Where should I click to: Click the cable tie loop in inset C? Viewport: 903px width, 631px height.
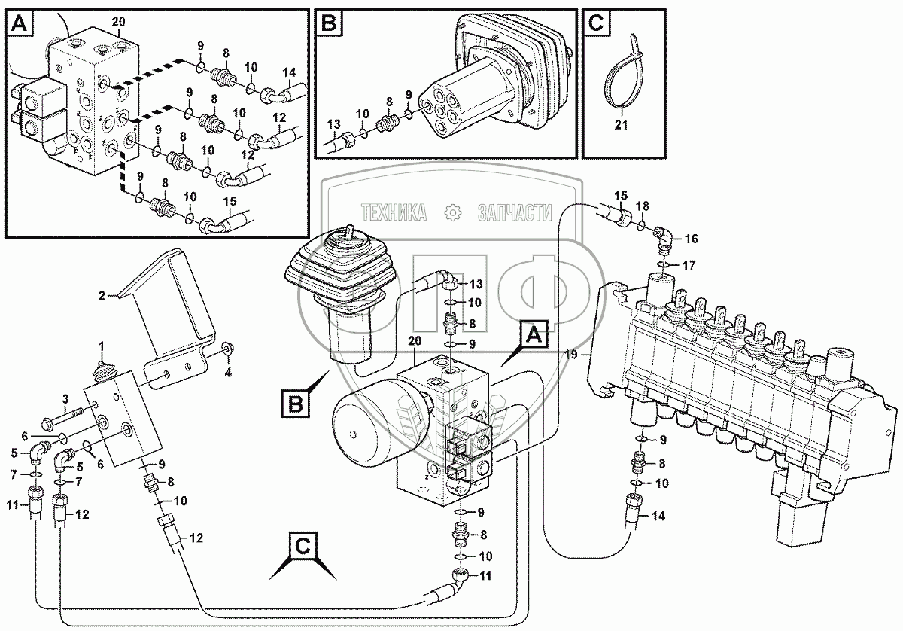pyautogui.click(x=619, y=79)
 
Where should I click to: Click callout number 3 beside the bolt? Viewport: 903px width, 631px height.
pyautogui.click(x=65, y=398)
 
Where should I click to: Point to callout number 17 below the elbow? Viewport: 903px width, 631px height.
pyautogui.click(x=689, y=264)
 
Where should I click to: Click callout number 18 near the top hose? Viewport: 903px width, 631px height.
pyautogui.click(x=642, y=206)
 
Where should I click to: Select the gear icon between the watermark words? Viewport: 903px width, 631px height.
pyautogui.click(x=453, y=213)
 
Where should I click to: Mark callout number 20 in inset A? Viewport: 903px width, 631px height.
pyautogui.click(x=118, y=20)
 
